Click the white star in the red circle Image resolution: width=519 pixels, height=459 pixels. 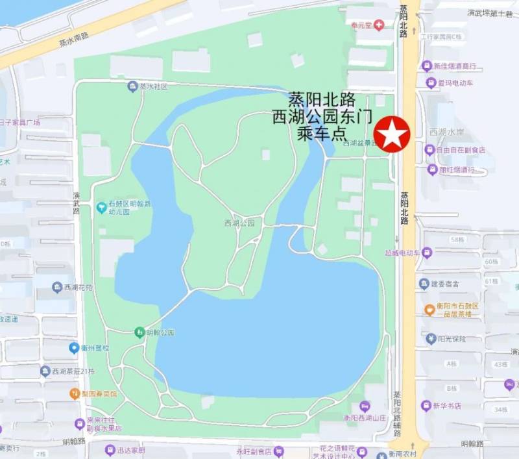point(392,134)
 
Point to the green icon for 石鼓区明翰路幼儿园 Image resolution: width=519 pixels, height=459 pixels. point(101,208)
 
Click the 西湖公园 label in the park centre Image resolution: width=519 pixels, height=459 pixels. point(239,223)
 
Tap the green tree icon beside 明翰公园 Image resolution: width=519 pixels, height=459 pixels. point(139,333)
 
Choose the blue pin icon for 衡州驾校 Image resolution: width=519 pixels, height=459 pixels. point(74,348)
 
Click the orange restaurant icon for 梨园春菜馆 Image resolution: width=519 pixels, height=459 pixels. point(75,393)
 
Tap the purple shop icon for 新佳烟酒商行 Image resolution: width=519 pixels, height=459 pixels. point(426,66)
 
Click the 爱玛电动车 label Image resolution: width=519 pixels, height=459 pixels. point(455,82)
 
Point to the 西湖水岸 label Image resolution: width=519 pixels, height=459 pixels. point(446,132)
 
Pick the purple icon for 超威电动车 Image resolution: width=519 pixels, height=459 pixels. point(426,252)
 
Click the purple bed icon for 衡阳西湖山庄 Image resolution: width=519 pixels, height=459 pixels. point(364,406)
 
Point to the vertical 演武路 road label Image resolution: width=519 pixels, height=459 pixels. point(76,203)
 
